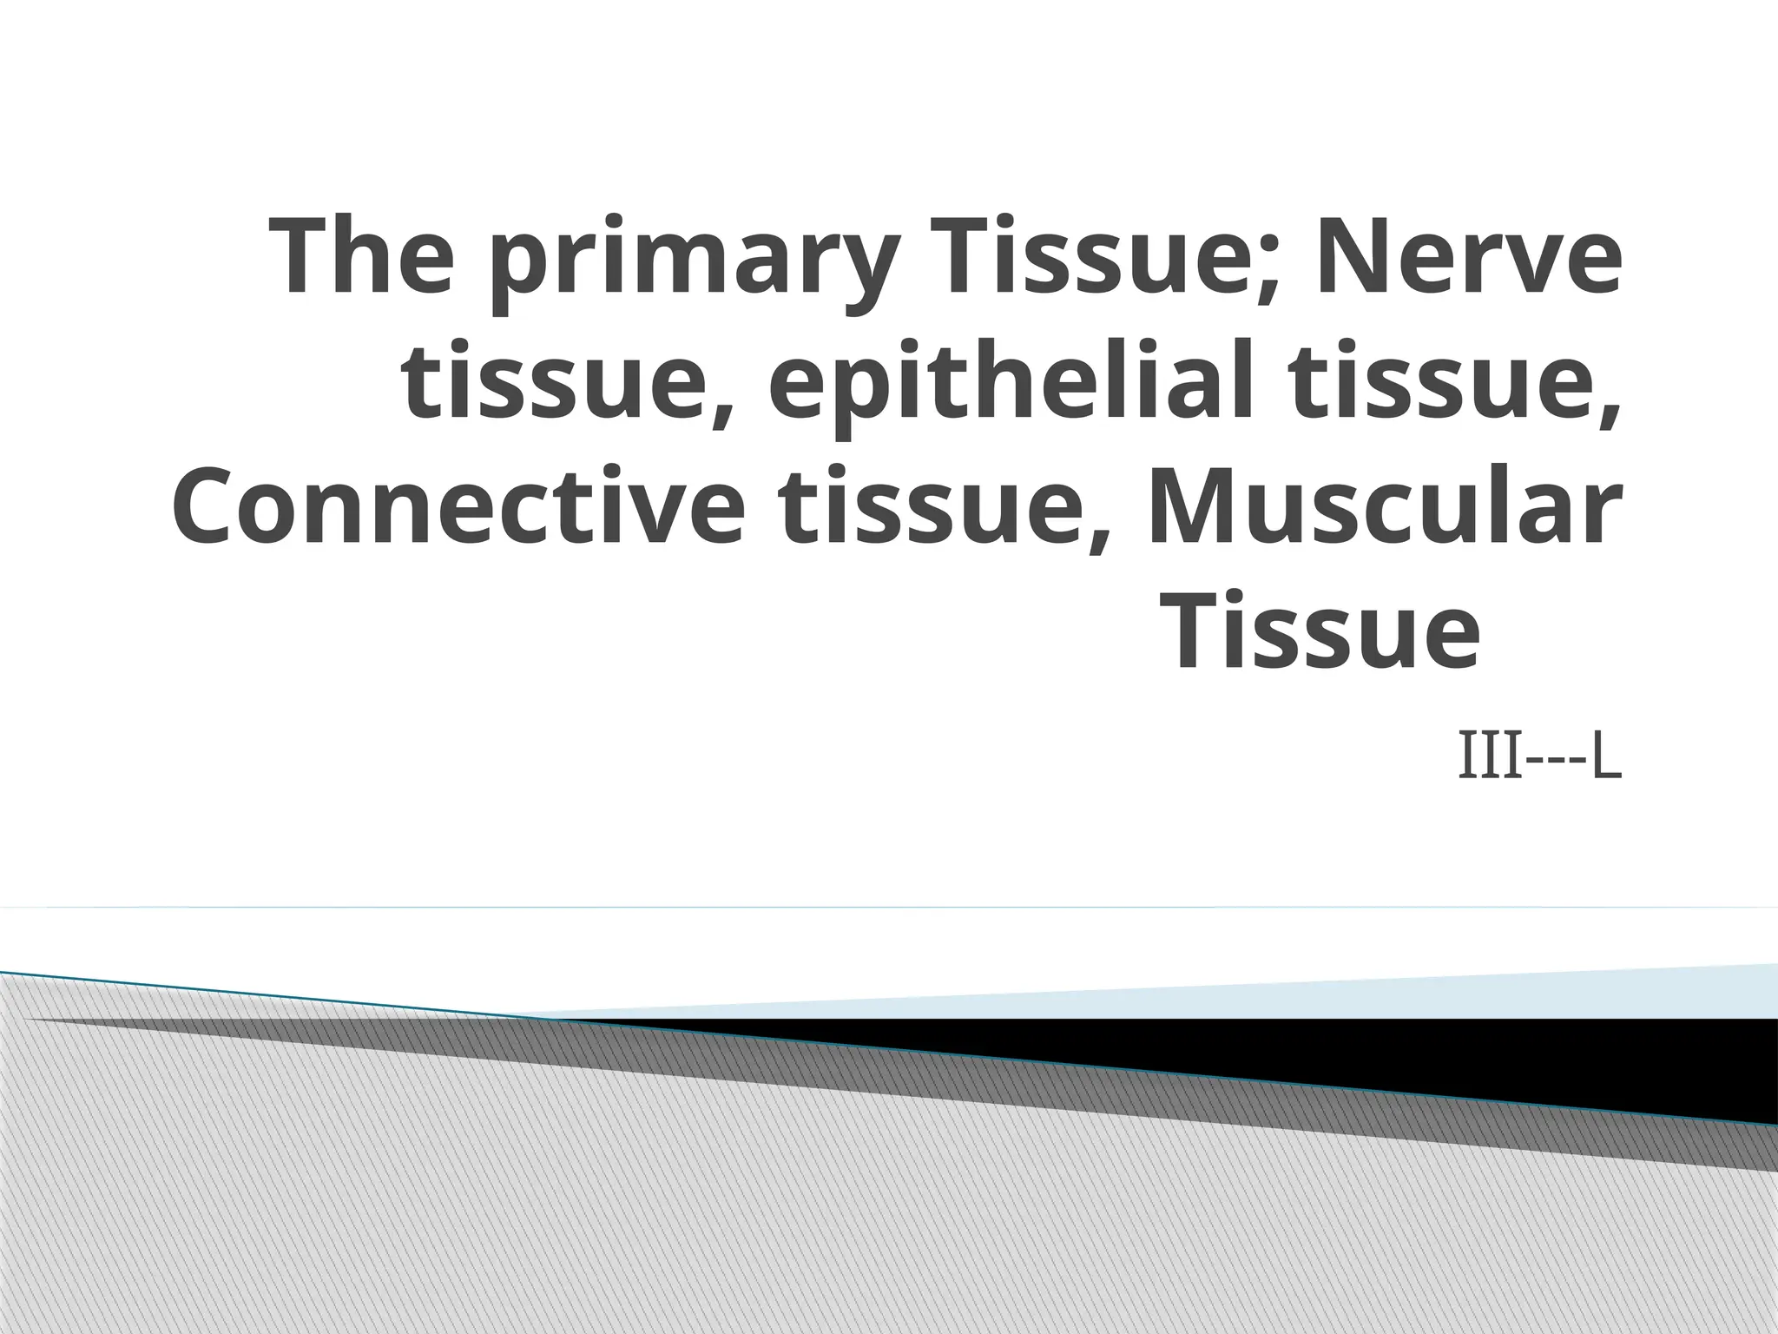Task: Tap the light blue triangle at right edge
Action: point(1650,994)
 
